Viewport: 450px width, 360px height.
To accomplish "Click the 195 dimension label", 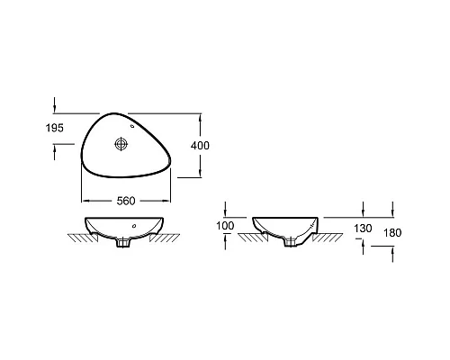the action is tap(55, 128).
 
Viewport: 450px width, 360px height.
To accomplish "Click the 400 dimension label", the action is tap(200, 146).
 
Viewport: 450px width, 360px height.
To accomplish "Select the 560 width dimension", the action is tap(126, 201).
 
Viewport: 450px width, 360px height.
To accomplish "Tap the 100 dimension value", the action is tap(225, 226).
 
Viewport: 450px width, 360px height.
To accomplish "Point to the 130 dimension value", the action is tap(363, 229).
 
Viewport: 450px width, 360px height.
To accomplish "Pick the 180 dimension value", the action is tap(392, 233).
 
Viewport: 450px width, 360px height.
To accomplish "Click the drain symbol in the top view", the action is tap(121, 144).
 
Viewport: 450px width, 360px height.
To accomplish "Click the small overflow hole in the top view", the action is tap(132, 126).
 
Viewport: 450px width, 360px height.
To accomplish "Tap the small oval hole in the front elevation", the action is tap(134, 225).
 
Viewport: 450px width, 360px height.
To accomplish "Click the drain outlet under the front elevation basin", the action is tap(123, 242).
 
